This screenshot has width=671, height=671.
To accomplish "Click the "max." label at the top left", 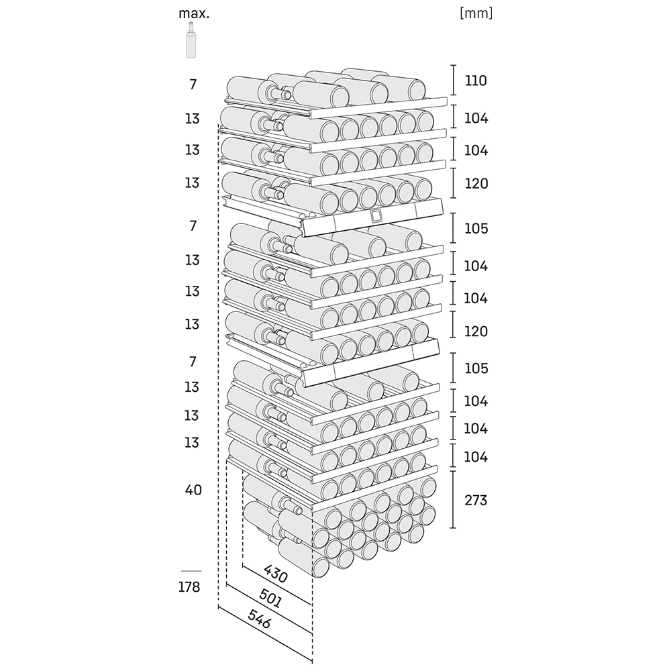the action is coord(194,13).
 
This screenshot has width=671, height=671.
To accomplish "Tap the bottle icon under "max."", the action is coord(191,40).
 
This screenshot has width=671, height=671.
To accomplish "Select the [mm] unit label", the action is coord(476,13).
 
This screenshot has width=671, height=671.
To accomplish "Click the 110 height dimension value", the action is coord(476,81).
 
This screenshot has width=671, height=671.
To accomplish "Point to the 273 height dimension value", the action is coord(476,500).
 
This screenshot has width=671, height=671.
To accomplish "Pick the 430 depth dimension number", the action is coord(276,574).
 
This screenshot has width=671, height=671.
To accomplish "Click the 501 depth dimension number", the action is coord(270,598).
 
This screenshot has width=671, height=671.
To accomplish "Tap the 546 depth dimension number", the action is coord(259,619).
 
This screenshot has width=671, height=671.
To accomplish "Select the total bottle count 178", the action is coord(190,587).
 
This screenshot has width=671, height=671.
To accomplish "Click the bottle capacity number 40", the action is coord(193,490).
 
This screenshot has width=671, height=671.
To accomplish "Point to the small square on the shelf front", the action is coord(375,216).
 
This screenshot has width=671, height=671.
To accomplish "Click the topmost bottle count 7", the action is coord(193,85).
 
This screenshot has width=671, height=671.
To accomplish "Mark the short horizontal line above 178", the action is coord(191,571).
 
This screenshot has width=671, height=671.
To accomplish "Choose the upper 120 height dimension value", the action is coord(476,184).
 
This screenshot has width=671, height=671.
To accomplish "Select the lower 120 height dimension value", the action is coord(476,331).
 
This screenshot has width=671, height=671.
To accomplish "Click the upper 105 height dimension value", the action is coord(476,229).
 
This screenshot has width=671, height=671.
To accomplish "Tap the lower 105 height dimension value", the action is coord(476,368).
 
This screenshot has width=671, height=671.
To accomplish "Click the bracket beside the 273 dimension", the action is coord(453,499).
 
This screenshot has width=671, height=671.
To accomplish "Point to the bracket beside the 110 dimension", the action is coord(453,80).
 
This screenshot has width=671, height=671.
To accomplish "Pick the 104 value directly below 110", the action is coord(476,118).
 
